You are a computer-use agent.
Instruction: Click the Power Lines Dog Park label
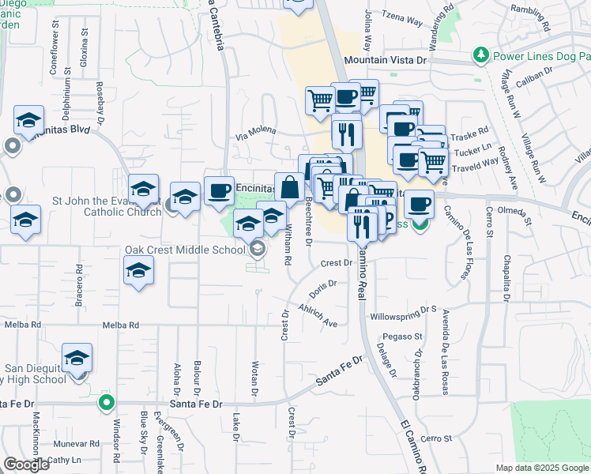pos(541,56)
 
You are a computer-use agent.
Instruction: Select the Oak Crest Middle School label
pos(186,250)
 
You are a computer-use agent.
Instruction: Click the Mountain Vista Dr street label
pos(385,59)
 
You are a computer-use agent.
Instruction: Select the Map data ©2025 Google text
pos(542,468)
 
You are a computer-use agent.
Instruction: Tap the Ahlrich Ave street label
pos(318,315)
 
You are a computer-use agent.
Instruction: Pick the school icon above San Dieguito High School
pos(77,357)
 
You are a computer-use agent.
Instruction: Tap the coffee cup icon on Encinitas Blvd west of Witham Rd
pos(219,190)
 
